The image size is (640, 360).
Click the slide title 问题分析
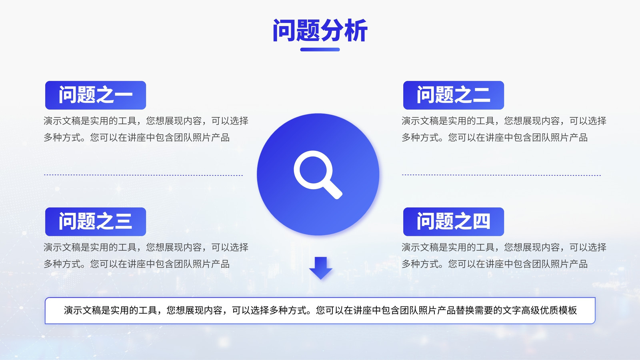(x=320, y=30)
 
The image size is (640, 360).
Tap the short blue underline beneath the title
(x=320, y=50)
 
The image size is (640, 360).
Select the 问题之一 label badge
(x=96, y=95)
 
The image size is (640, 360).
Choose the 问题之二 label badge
(x=454, y=95)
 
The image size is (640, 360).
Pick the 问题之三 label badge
(x=96, y=222)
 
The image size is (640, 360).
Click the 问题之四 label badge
(x=454, y=222)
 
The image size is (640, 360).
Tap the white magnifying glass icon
(x=318, y=174)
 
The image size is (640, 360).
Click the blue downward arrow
(x=320, y=268)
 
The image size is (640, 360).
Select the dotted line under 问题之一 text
(x=144, y=175)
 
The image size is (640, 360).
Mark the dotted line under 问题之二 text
(x=502, y=175)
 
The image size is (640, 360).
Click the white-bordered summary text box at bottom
(x=320, y=310)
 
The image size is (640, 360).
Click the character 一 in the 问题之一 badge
(x=123, y=95)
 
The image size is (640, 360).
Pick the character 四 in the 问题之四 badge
(x=481, y=221)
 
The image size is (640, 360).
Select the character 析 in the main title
(x=356, y=30)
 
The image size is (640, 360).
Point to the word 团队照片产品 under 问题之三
(x=202, y=264)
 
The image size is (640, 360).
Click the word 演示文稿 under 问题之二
(x=420, y=121)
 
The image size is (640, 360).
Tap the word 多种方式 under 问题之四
(x=420, y=264)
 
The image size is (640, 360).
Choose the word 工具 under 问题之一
(x=127, y=121)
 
